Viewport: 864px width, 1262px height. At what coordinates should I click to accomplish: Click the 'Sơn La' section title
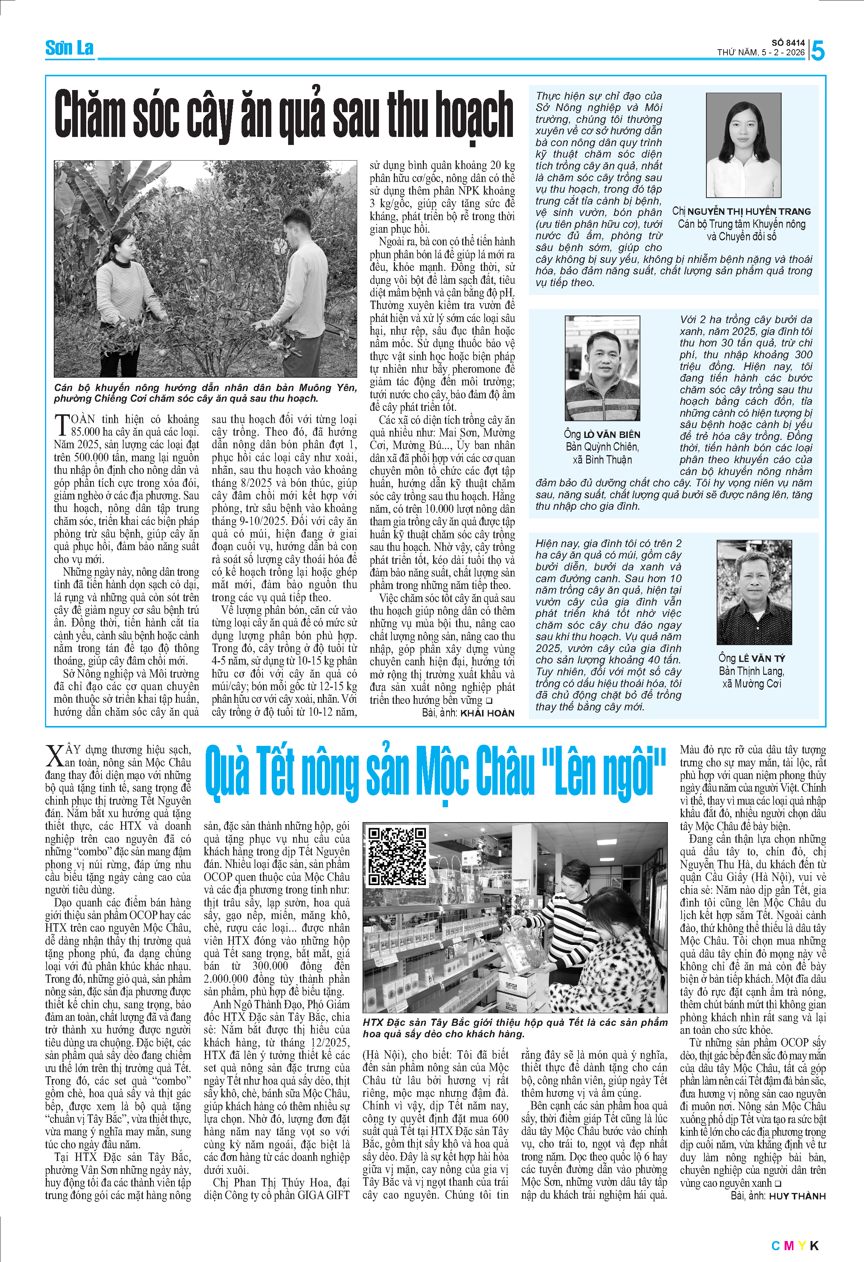pyautogui.click(x=69, y=48)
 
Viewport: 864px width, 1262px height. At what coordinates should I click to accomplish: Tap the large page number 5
pyautogui.click(x=817, y=50)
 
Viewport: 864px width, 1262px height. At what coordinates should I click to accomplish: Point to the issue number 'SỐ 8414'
pyautogui.click(x=788, y=42)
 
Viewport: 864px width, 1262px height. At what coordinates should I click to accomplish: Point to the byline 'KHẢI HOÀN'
pyautogui.click(x=487, y=713)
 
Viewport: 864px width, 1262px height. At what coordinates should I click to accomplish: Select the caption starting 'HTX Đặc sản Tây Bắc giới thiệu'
pyautogui.click(x=514, y=1028)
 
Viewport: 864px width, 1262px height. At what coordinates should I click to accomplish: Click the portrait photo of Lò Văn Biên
pyautogui.click(x=602, y=368)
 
